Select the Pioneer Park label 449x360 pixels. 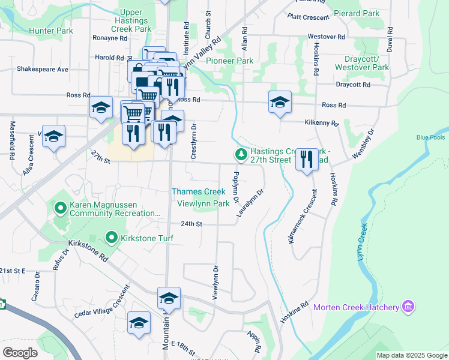pyautogui.click(x=229, y=61)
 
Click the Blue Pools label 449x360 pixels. pyautogui.click(x=431, y=137)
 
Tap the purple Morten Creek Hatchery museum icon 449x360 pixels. pyautogui.click(x=408, y=307)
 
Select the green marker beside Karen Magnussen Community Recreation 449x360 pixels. pyautogui.click(x=60, y=208)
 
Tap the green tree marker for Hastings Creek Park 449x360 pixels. pyautogui.click(x=241, y=155)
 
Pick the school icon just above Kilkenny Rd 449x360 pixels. pyautogui.click(x=279, y=103)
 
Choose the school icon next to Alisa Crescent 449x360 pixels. pyautogui.click(x=53, y=137)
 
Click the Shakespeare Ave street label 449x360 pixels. pyautogui.click(x=43, y=69)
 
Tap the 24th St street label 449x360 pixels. pyautogui.click(x=192, y=224)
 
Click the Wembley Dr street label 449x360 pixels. pyautogui.click(x=363, y=143)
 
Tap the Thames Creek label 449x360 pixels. pyautogui.click(x=198, y=192)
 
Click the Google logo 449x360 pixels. pyautogui.click(x=20, y=353)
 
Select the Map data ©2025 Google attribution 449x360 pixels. pyautogui.click(x=411, y=355)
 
